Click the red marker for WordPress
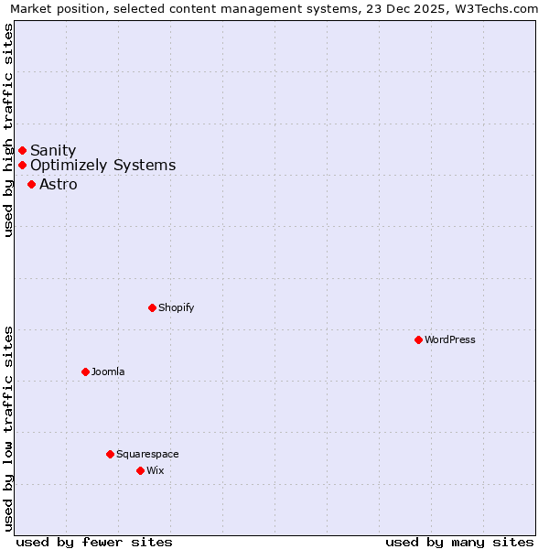click(418, 339)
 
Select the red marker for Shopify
click(152, 307)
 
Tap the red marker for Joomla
click(85, 371)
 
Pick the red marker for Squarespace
click(110, 454)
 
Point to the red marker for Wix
click(140, 470)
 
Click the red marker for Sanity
click(22, 150)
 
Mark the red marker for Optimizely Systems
click(22, 166)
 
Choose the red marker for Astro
click(31, 184)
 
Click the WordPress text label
click(450, 339)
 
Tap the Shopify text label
click(177, 307)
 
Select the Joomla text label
click(108, 371)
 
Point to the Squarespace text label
click(147, 454)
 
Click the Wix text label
click(156, 470)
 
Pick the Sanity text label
click(53, 150)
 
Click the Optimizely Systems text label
click(102, 166)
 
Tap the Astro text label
click(59, 184)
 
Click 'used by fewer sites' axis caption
click(94, 542)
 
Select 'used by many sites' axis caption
click(459, 542)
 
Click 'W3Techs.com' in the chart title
click(498, 9)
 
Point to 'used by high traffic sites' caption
click(9, 131)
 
